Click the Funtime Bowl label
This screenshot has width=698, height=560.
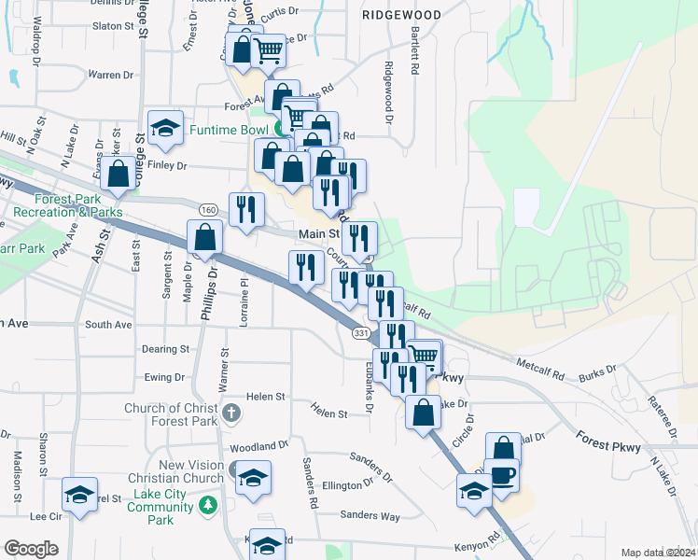(230, 130)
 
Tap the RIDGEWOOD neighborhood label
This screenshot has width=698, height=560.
(401, 16)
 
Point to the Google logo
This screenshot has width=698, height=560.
(31, 548)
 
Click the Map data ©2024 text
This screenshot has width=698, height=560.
(657, 553)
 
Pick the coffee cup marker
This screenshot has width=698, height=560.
(501, 474)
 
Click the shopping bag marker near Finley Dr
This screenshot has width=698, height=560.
(119, 174)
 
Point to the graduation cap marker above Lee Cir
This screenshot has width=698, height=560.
(79, 494)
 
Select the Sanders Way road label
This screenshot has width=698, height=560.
(370, 515)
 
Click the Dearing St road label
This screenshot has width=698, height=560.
(163, 349)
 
